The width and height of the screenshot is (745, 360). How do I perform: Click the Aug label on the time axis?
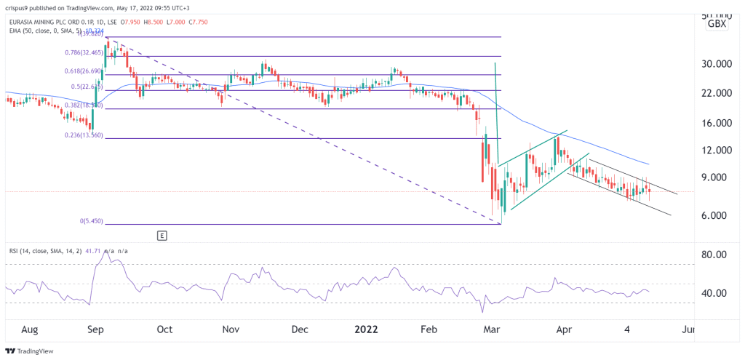(x=30, y=329)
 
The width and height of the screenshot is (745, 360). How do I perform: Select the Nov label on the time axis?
(x=231, y=329)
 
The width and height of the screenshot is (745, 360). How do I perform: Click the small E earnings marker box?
(x=162, y=236)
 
